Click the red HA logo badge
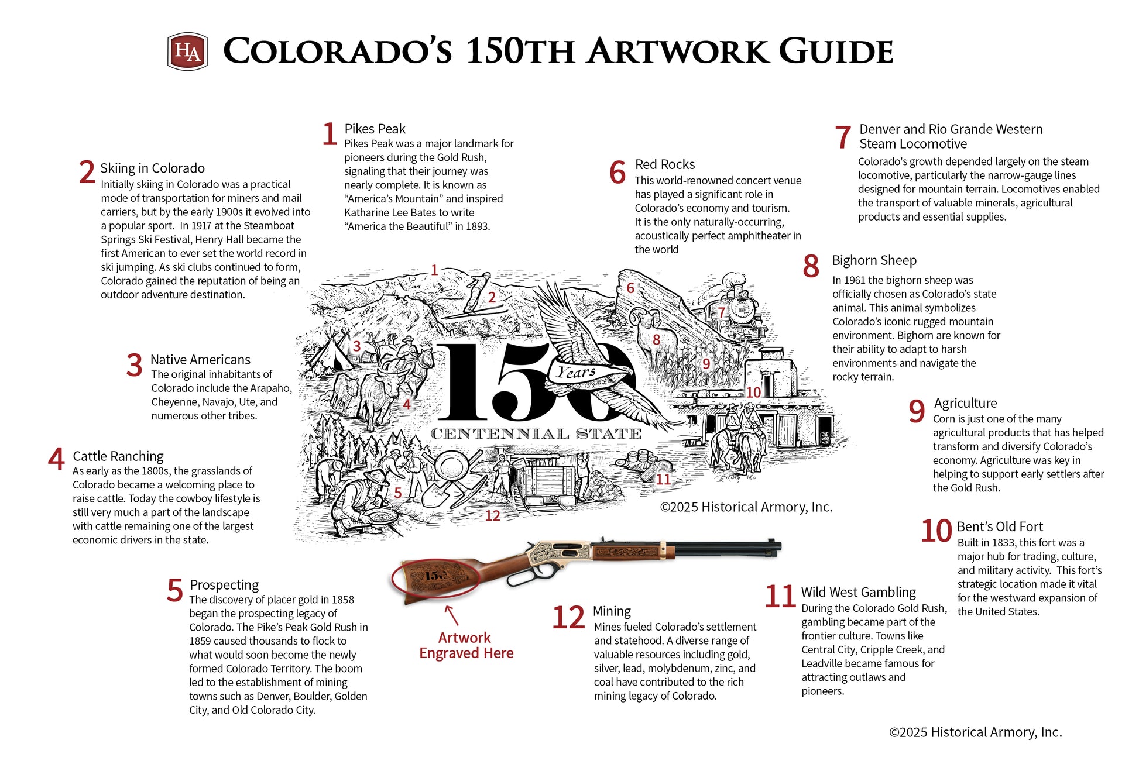(x=187, y=51)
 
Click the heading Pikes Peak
(x=375, y=129)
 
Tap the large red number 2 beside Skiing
(x=87, y=172)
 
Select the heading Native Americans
(x=200, y=360)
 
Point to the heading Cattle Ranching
(x=118, y=456)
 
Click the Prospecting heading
(x=224, y=585)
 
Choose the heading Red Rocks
(x=665, y=164)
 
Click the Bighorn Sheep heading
(x=874, y=260)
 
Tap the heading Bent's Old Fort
(x=1000, y=526)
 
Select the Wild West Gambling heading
(x=858, y=592)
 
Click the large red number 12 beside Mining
(x=568, y=618)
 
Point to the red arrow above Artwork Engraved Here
(x=451, y=615)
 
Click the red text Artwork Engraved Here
(x=466, y=645)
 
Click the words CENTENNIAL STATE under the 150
(x=536, y=433)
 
